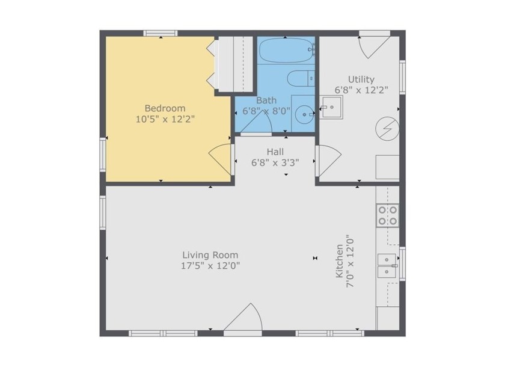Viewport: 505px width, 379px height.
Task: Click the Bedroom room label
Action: pyautogui.click(x=165, y=108)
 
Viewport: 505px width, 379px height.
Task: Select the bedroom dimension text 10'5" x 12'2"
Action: pyautogui.click(x=165, y=119)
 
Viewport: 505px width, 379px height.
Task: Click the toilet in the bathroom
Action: pyautogui.click(x=300, y=78)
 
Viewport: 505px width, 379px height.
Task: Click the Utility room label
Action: pyautogui.click(x=361, y=79)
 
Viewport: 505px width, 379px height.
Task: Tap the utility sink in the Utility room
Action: pyautogui.click(x=330, y=107)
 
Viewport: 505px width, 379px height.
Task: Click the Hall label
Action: pyautogui.click(x=275, y=152)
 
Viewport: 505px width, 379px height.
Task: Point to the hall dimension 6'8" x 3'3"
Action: pyautogui.click(x=275, y=162)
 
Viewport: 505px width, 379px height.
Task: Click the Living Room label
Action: pyautogui.click(x=210, y=254)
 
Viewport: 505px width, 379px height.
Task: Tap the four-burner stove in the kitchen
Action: pyautogui.click(x=387, y=215)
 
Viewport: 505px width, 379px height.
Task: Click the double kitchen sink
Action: pyautogui.click(x=387, y=265)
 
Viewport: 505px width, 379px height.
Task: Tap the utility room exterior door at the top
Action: pyautogui.click(x=374, y=45)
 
